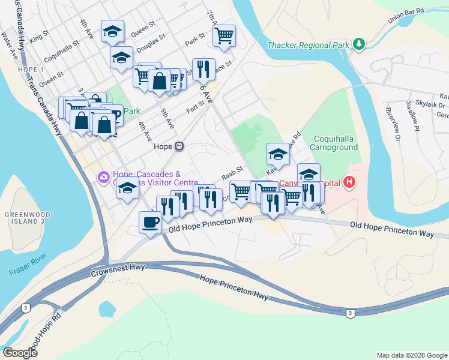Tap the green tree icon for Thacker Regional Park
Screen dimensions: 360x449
tap(359, 44)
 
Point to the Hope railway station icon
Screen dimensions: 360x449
tap(179, 146)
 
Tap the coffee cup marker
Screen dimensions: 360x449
tap(150, 223)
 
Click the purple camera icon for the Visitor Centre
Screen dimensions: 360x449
tap(103, 176)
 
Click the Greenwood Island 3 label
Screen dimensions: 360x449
tap(25, 218)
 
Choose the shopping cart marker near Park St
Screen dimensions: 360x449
tap(224, 35)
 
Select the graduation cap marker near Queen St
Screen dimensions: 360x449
tap(112, 32)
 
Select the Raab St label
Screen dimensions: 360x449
tap(231, 173)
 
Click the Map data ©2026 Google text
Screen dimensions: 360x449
tap(411, 355)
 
